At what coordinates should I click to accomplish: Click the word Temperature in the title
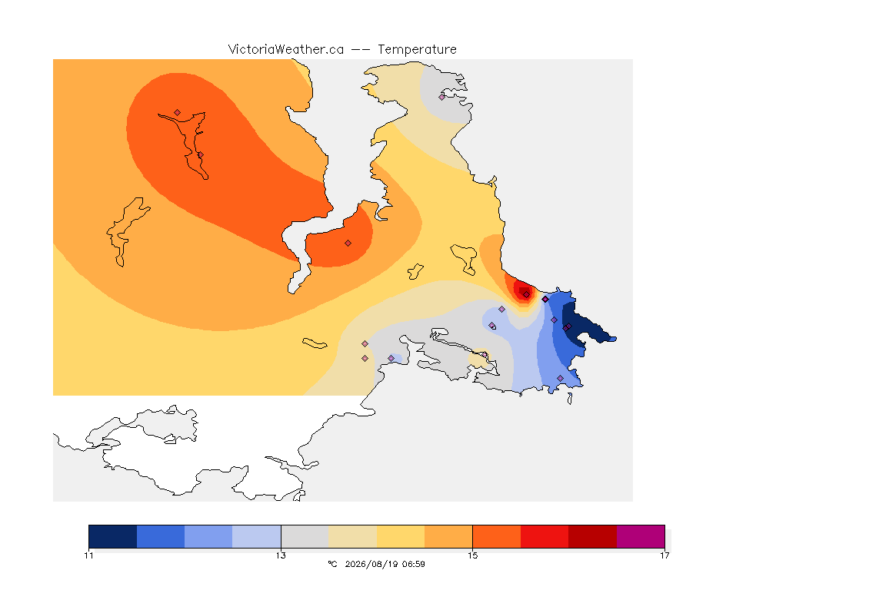click(417, 50)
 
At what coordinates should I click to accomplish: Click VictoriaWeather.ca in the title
click(286, 50)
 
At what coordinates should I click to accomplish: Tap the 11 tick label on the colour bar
click(88, 555)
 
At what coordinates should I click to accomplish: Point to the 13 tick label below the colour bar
click(281, 555)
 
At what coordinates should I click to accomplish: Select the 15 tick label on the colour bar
click(472, 555)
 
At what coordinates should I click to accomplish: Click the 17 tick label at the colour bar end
click(664, 555)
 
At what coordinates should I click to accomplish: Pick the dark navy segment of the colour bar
click(113, 536)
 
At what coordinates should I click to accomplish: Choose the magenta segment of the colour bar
click(641, 536)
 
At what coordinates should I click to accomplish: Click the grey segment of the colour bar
click(305, 536)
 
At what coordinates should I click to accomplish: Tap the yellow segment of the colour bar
click(401, 536)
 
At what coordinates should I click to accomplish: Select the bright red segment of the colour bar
click(545, 536)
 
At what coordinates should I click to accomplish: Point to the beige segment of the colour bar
click(352, 536)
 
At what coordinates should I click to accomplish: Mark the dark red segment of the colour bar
click(593, 536)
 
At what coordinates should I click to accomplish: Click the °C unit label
click(332, 564)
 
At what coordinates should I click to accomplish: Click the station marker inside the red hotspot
click(527, 295)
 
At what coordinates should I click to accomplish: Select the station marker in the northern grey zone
click(442, 97)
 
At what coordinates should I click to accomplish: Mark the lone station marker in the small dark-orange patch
click(348, 244)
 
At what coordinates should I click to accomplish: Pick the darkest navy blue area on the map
click(582, 326)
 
